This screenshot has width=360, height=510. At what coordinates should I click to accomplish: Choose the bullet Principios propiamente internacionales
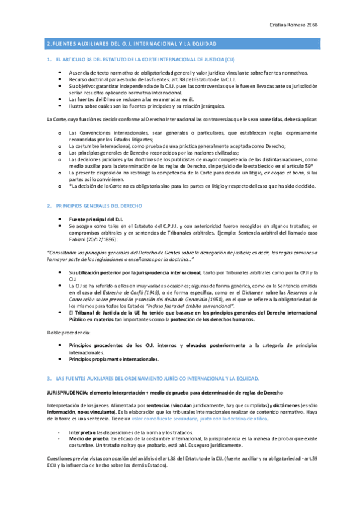(114, 360)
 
